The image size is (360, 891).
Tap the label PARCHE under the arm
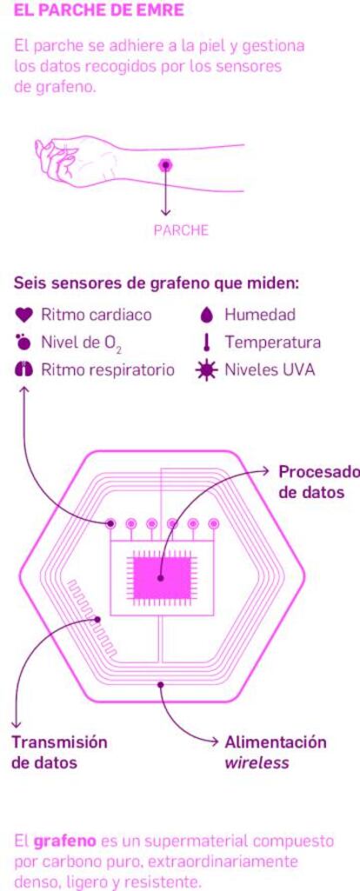(182, 230)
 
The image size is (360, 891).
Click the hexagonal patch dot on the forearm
(166, 165)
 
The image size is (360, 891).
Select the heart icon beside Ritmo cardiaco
(23, 314)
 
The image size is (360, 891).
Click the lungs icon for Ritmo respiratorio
(23, 370)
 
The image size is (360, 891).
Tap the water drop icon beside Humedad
(208, 314)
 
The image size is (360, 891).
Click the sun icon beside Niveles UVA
(206, 370)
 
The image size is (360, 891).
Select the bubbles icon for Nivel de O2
(23, 342)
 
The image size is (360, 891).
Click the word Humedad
(260, 314)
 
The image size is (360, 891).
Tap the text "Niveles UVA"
(270, 370)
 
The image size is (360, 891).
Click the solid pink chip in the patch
(162, 577)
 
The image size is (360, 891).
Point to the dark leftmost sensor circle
(111, 522)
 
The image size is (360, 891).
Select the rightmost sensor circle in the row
(213, 522)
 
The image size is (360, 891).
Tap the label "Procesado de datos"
(318, 482)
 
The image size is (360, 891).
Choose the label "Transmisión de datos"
(59, 752)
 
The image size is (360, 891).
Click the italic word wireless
(257, 762)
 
